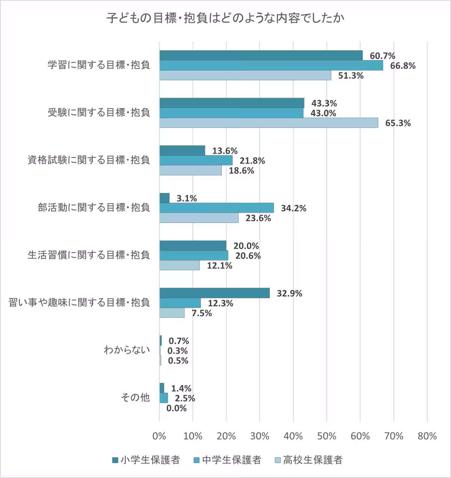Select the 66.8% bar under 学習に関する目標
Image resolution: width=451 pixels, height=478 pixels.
271,65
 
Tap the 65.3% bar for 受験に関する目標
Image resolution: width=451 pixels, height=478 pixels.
269,123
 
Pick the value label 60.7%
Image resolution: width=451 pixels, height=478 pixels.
382,56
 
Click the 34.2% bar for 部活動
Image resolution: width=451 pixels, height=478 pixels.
216,208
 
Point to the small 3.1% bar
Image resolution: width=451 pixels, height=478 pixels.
164,198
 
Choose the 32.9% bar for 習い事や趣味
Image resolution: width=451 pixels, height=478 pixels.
215,293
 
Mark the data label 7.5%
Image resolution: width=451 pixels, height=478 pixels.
202,313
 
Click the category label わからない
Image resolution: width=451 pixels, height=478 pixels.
127,350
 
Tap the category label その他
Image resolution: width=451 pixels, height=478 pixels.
135,398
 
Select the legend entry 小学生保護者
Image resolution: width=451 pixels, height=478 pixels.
146,460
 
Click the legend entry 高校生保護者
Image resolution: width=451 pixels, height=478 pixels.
309,460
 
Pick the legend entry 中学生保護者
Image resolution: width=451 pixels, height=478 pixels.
227,460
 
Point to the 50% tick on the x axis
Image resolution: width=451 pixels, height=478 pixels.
327,436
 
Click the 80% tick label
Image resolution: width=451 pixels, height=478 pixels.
427,436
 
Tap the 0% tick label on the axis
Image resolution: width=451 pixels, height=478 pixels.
159,436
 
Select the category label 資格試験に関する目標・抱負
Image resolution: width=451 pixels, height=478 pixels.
89,160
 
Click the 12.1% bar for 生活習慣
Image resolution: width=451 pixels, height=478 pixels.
179,265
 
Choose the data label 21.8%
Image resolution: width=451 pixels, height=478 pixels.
252,161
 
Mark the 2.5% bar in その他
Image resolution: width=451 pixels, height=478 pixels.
163,398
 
